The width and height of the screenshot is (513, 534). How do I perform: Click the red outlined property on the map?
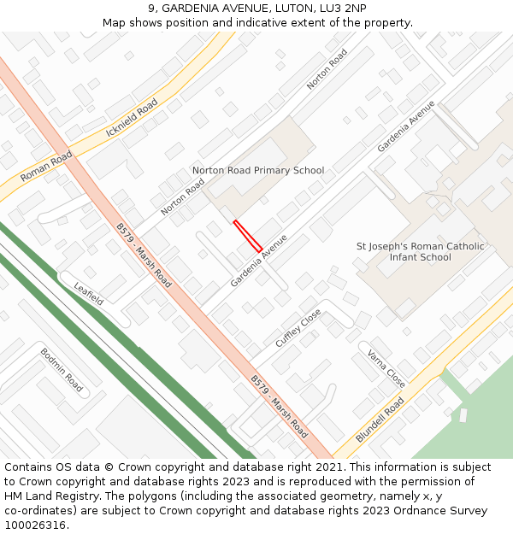[248, 236]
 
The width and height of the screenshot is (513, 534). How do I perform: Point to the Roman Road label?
[47, 166]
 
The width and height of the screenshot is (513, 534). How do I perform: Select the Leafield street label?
[88, 293]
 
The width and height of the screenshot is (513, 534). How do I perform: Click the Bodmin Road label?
[62, 369]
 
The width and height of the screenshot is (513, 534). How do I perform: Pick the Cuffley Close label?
[298, 327]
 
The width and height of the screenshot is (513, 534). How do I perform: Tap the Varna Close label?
[386, 368]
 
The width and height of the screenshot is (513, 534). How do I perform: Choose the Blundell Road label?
[380, 419]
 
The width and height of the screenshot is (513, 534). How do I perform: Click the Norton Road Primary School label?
[258, 170]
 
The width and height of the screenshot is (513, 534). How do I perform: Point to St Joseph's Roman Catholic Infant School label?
[420, 252]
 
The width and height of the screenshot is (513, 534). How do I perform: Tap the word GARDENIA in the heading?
[188, 8]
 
